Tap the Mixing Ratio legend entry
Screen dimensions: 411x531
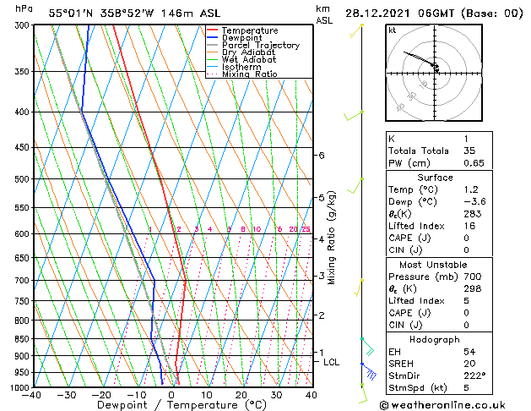coord(249,74)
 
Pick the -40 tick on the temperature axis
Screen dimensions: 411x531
coord(32,395)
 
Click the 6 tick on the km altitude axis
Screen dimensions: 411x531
coord(322,156)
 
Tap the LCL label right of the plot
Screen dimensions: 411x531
coord(332,362)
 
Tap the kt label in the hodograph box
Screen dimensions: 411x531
coord(393,30)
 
